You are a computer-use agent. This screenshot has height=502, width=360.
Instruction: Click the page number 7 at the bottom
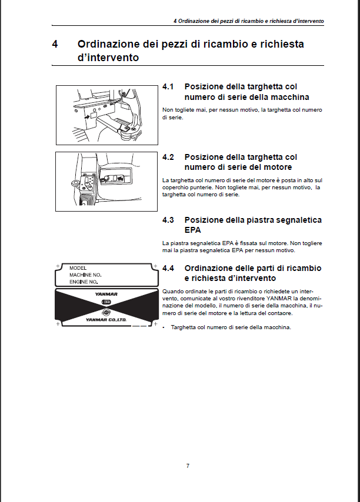(188, 466)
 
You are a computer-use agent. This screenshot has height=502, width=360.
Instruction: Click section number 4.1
(168, 87)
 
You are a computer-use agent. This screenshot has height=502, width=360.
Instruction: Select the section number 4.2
(169, 157)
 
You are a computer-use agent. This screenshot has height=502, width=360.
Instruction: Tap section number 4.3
(169, 220)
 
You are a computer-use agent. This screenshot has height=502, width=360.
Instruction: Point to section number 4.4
(169, 267)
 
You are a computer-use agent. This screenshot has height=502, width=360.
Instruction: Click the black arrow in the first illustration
(88, 117)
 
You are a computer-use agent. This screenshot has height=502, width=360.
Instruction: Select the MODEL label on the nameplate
(78, 267)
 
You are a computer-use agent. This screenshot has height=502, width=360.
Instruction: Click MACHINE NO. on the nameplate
(85, 275)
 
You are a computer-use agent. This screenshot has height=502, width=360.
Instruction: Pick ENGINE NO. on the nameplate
(84, 282)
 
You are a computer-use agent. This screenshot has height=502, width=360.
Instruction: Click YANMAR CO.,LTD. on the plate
(106, 320)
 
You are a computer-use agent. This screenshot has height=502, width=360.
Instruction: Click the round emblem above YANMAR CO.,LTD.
(106, 312)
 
